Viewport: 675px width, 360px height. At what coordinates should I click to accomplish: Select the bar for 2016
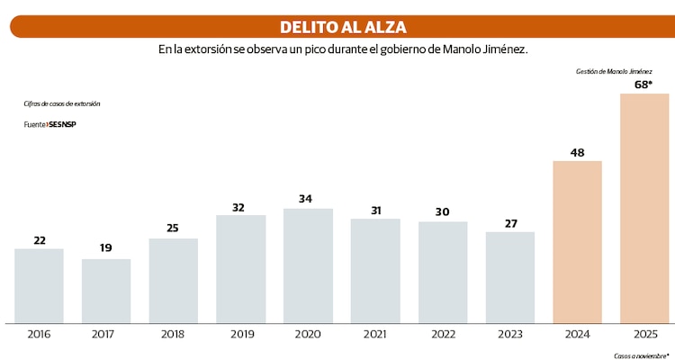(x=39, y=285)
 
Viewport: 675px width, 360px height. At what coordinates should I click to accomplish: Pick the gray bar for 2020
(x=308, y=265)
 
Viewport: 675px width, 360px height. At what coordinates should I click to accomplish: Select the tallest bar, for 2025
(x=644, y=208)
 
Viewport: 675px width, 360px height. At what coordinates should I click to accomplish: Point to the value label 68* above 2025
(x=644, y=85)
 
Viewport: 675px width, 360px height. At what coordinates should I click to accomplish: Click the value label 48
(x=577, y=152)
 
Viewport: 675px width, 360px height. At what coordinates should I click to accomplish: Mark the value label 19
(x=106, y=247)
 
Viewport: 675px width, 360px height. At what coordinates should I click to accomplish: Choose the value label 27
(x=510, y=222)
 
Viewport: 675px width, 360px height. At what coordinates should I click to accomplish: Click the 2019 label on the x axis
(x=240, y=334)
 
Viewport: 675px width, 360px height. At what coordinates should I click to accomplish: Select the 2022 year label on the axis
(x=443, y=334)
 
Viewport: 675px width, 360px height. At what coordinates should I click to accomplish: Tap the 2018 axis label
(x=173, y=334)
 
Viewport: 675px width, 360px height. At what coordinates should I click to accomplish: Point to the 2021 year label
(x=375, y=334)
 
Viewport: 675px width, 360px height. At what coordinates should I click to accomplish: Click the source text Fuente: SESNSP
(x=49, y=124)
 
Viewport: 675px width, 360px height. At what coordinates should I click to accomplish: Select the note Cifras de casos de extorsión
(x=61, y=104)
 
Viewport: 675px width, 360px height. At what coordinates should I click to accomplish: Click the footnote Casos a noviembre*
(x=642, y=355)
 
